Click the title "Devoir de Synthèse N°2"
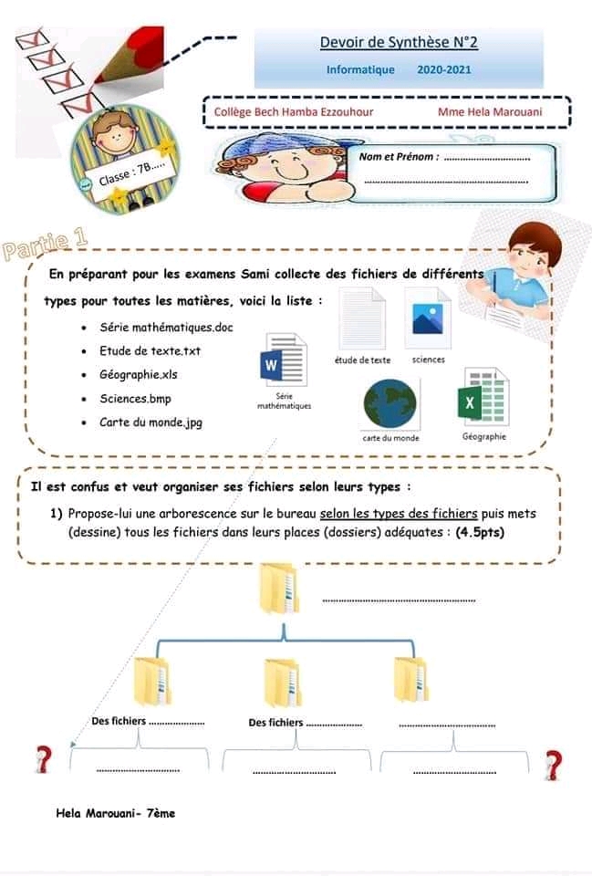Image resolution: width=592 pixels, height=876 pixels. pyautogui.click(x=399, y=42)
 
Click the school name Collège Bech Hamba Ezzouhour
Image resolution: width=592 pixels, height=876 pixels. pyautogui.click(x=294, y=112)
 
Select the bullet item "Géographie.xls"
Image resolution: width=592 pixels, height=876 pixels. pyautogui.click(x=139, y=374)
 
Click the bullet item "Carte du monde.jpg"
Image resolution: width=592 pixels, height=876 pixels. pyautogui.click(x=151, y=422)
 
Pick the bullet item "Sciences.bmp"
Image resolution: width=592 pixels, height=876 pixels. pyautogui.click(x=135, y=399)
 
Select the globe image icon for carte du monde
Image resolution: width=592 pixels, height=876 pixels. pyautogui.click(x=389, y=404)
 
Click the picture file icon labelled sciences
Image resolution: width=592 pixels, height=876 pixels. pyautogui.click(x=428, y=318)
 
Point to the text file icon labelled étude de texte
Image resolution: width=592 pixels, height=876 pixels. pyautogui.click(x=362, y=318)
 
